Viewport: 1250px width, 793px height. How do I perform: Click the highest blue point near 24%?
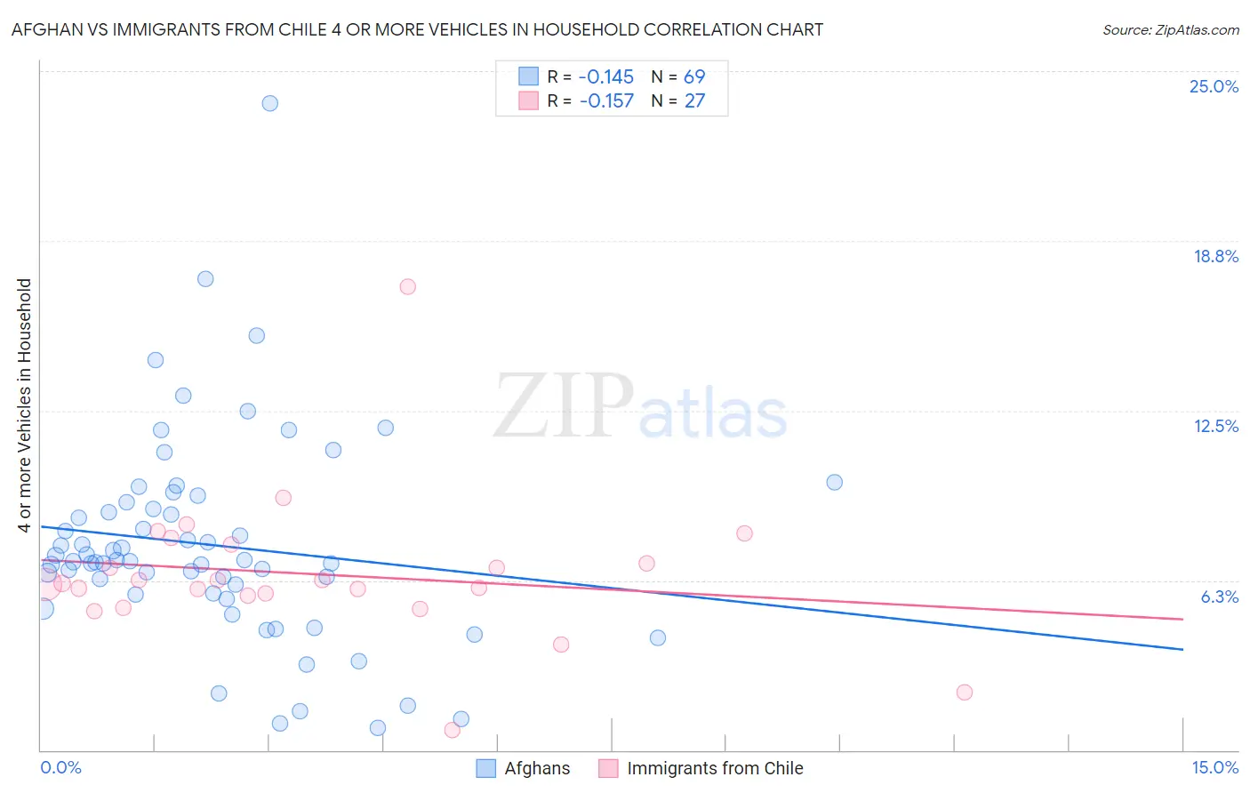270,103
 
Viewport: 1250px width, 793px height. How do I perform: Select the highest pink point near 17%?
408,286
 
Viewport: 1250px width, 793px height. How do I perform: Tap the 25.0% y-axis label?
1214,86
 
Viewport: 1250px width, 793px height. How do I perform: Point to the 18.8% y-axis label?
1215,256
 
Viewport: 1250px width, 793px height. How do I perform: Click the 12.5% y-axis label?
1215,426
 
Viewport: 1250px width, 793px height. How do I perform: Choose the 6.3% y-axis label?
1219,597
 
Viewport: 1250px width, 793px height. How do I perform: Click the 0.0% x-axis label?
60,767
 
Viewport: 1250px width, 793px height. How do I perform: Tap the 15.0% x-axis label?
1214,767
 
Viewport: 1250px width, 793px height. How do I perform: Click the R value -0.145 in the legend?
606,76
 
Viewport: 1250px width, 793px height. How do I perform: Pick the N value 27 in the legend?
694,100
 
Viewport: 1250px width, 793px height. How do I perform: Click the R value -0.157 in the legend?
606,100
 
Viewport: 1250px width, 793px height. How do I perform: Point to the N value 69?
694,76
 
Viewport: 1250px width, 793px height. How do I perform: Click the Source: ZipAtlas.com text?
1170,29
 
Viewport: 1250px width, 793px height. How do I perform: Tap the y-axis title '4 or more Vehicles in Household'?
25,405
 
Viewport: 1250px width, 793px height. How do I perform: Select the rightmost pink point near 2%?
965,693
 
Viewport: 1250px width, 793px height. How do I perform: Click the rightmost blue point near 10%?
835,482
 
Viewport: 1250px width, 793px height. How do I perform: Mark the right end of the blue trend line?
1182,649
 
